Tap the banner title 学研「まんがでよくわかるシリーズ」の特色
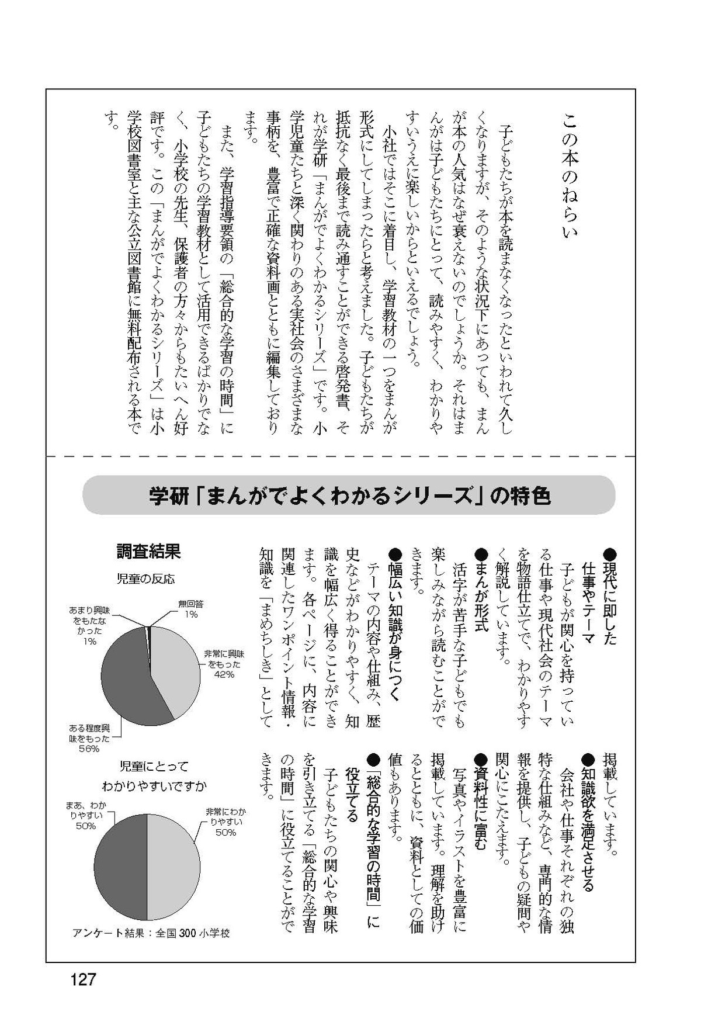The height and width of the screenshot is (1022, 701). tap(349, 497)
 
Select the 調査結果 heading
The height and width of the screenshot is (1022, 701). tap(148, 550)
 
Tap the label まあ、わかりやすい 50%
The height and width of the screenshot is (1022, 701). tap(85, 816)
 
